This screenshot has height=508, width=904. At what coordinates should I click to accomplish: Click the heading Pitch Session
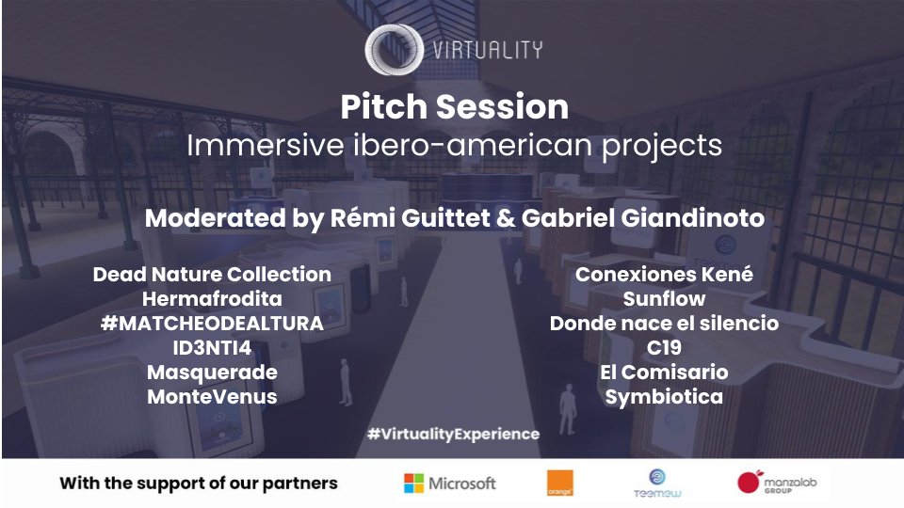[x=454, y=107]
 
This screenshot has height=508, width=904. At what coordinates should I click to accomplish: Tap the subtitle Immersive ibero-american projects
[x=454, y=147]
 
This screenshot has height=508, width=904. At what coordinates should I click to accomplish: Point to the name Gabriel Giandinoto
[x=670, y=219]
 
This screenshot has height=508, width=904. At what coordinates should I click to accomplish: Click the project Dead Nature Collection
[x=212, y=275]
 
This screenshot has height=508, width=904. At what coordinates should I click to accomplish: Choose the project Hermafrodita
[x=212, y=299]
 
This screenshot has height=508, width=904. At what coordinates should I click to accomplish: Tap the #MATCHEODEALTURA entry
[x=212, y=324]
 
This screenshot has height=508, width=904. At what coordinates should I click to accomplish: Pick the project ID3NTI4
[x=212, y=348]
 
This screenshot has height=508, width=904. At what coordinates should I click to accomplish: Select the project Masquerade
[x=212, y=373]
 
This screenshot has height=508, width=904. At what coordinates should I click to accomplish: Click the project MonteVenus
[x=212, y=397]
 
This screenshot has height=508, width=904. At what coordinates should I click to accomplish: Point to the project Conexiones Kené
[x=664, y=275]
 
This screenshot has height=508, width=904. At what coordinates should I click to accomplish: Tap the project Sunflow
[x=664, y=299]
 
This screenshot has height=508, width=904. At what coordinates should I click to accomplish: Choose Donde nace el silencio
[x=664, y=324]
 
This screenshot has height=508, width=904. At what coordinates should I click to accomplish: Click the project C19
[x=664, y=348]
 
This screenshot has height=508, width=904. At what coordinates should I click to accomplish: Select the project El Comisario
[x=664, y=373]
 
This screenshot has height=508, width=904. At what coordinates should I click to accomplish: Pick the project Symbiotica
[x=664, y=397]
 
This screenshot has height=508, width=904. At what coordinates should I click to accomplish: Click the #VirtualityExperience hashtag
[x=453, y=434]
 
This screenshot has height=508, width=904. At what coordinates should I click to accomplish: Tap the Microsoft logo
[x=449, y=484]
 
